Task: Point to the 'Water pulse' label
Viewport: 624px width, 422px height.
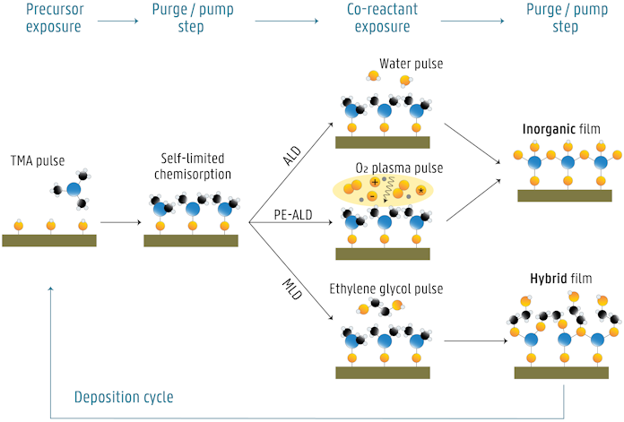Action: (x=410, y=64)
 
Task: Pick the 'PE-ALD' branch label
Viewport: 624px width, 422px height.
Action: (x=292, y=214)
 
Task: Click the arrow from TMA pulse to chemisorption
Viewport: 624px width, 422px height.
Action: (x=119, y=220)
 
